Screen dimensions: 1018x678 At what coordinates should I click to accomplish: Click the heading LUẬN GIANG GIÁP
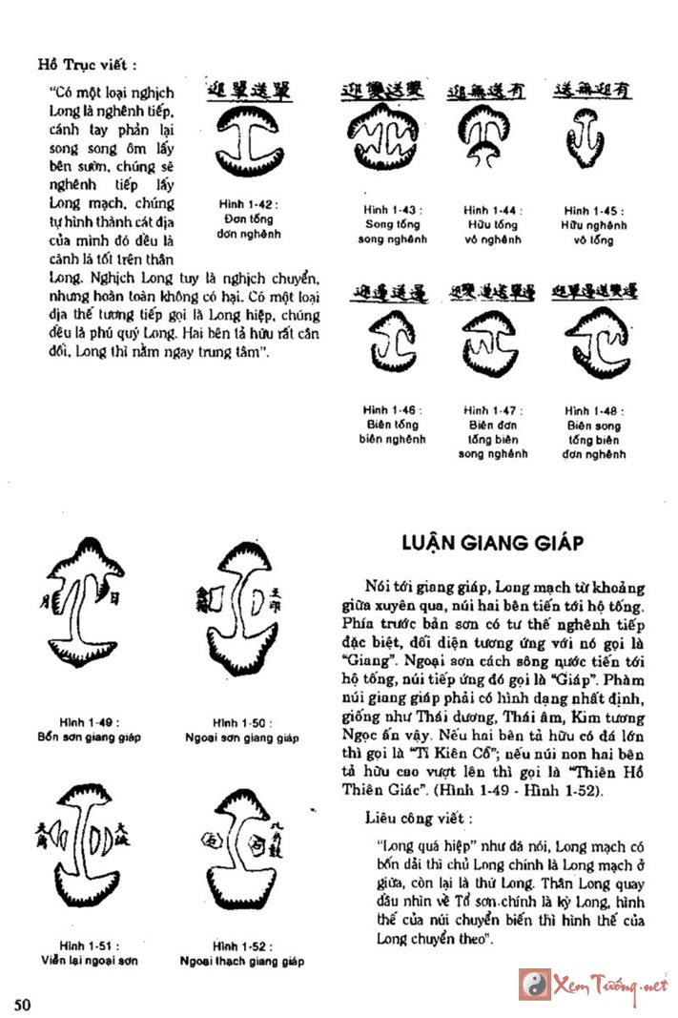(489, 543)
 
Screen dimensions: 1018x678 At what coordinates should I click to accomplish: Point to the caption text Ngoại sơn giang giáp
(241, 738)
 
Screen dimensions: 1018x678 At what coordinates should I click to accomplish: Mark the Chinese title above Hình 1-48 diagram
(594, 289)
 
